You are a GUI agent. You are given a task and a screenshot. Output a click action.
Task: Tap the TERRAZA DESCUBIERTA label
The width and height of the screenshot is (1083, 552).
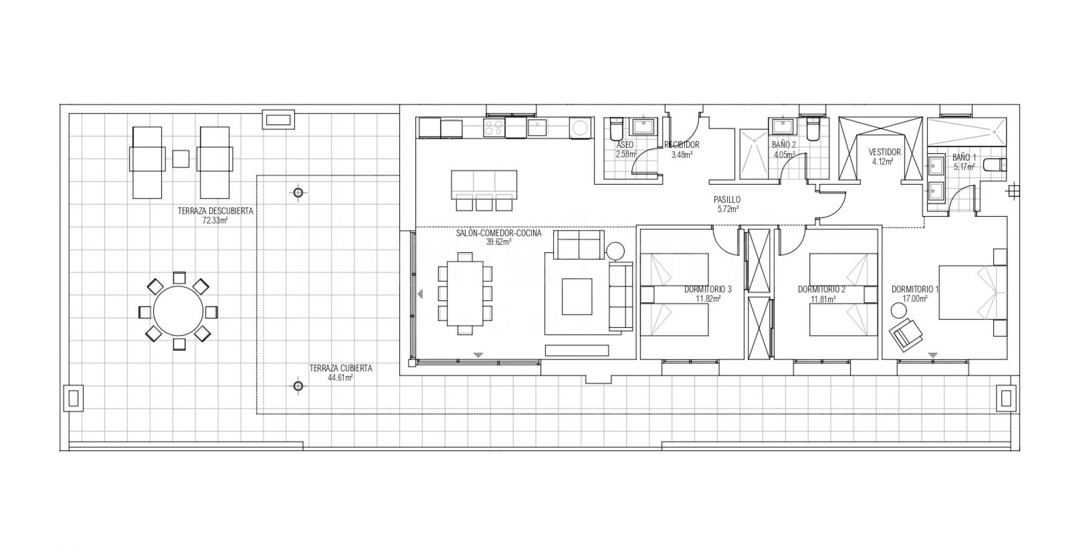[215, 211]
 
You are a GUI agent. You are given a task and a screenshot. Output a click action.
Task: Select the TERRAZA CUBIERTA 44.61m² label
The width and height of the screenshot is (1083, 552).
[341, 373]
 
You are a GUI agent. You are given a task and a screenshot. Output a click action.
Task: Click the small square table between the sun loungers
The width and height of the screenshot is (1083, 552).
[181, 159]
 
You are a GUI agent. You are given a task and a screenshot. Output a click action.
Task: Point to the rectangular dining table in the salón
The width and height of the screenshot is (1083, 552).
[465, 293]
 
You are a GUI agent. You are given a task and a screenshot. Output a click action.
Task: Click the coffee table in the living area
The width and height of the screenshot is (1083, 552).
[577, 297]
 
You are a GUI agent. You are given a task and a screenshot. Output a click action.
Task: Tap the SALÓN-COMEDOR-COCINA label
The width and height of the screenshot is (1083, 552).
[499, 233]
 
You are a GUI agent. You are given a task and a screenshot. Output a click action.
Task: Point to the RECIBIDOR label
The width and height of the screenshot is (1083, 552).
[682, 145]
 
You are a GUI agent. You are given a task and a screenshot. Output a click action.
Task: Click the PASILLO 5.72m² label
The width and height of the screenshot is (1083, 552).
[727, 204]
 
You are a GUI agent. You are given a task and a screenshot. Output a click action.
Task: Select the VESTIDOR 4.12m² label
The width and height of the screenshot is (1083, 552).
[885, 156]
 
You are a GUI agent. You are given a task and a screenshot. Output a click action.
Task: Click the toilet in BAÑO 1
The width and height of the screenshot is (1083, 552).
[995, 165]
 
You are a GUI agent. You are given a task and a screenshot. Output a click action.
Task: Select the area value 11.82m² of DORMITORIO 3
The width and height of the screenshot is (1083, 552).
[708, 299]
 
